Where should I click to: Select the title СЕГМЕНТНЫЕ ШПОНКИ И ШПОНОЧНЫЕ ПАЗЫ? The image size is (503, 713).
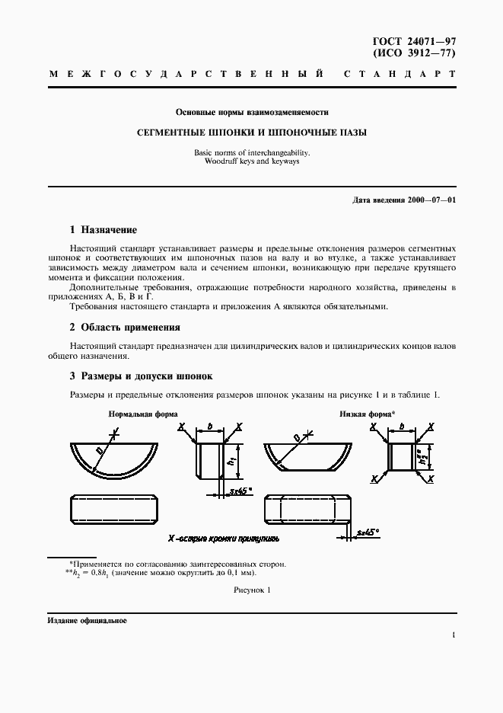(x=251, y=133)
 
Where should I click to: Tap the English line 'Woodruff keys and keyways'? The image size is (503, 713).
(x=251, y=162)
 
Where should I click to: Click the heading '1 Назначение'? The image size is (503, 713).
(x=103, y=229)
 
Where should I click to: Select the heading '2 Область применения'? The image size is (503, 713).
(x=125, y=328)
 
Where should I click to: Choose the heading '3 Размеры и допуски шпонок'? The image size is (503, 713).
(x=141, y=376)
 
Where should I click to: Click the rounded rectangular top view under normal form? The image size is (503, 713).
(x=113, y=509)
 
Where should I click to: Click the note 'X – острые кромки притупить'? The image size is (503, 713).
(x=224, y=538)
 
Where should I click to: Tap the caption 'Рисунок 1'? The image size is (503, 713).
(x=251, y=590)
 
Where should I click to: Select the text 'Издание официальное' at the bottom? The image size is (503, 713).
(x=87, y=620)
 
